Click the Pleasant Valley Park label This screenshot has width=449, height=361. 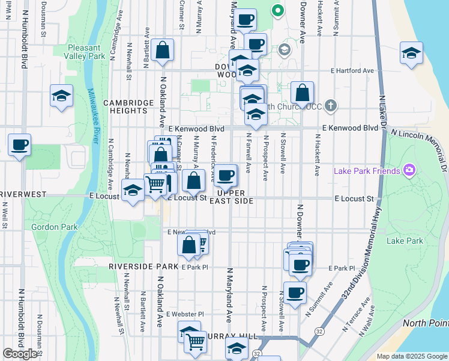(x=87, y=52)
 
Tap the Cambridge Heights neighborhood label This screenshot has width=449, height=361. (x=128, y=107)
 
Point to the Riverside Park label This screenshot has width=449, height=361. (x=143, y=266)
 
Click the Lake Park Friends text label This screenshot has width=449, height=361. (x=367, y=171)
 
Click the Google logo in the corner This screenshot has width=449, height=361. (x=20, y=354)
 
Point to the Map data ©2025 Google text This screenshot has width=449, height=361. (x=412, y=356)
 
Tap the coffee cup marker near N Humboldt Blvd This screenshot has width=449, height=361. (x=20, y=144)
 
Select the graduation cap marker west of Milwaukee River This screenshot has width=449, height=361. (x=61, y=96)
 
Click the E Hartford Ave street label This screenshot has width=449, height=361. (x=352, y=70)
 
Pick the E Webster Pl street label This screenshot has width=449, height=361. (x=185, y=314)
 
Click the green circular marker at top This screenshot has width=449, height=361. (x=277, y=10)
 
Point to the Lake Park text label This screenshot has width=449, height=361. (x=405, y=241)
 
